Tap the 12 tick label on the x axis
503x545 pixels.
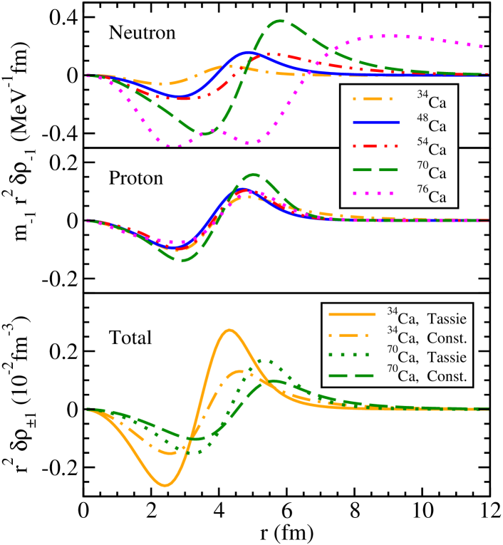click(489, 512)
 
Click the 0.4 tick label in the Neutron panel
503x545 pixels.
click(60, 16)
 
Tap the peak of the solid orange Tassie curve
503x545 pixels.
click(229, 330)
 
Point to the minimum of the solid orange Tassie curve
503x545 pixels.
click(165, 486)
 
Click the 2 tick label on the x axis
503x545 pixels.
click(152, 512)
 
